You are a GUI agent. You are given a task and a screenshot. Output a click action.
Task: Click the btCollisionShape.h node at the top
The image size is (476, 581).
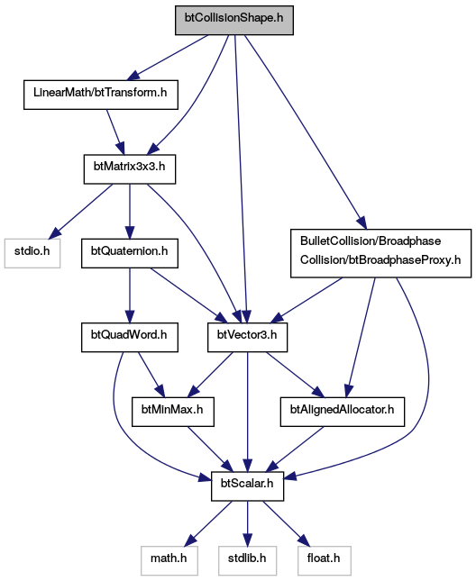click(234, 21)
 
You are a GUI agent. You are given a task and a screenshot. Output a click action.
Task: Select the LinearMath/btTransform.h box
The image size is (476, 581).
click(101, 95)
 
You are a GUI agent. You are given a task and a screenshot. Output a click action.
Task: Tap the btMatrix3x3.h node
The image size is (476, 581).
click(130, 169)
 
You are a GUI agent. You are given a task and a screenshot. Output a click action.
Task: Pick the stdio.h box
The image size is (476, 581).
click(32, 253)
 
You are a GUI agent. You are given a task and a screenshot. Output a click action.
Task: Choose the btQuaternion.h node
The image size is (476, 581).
click(130, 253)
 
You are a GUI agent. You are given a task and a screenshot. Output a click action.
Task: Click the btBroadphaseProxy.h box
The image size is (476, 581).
click(381, 253)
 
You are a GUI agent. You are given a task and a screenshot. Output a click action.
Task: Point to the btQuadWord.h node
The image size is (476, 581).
click(130, 337)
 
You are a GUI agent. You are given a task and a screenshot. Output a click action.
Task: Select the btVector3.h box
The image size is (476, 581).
click(247, 337)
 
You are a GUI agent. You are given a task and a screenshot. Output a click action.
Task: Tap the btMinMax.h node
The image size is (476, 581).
click(173, 412)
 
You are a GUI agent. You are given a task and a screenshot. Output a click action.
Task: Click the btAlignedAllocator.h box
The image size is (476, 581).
click(343, 412)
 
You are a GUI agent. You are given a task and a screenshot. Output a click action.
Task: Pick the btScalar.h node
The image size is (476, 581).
click(247, 486)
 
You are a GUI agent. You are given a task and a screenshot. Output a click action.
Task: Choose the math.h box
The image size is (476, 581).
click(169, 560)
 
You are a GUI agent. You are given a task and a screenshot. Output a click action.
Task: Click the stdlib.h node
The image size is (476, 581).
click(247, 560)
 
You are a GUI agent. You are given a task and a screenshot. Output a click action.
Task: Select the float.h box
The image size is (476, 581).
click(324, 560)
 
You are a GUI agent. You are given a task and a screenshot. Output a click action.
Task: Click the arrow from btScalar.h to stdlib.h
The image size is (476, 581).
click(247, 523)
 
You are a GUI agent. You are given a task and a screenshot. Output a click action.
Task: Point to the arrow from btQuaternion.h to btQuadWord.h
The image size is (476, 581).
click(130, 295)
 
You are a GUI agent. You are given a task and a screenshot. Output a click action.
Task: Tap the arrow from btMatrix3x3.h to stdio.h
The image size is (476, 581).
click(81, 211)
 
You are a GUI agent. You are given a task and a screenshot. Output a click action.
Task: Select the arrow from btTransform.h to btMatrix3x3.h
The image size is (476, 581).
click(115, 132)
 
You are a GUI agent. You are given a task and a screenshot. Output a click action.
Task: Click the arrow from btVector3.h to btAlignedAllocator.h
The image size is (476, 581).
click(295, 375)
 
